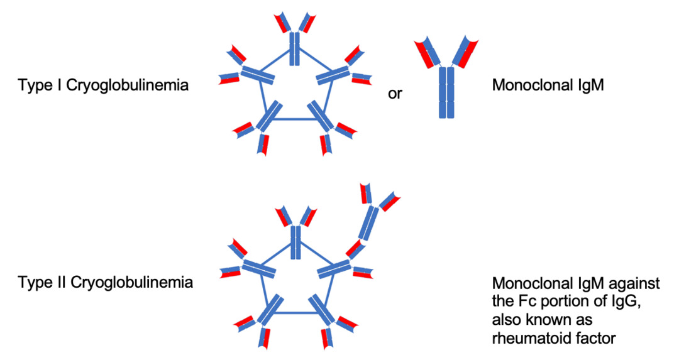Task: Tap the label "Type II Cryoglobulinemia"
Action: (x=106, y=282)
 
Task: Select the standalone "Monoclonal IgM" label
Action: (x=548, y=85)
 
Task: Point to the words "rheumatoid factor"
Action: (x=553, y=339)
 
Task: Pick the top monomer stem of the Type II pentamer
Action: (x=294, y=242)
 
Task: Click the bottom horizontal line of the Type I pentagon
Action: (x=294, y=119)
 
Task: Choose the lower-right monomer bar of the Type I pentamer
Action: (x=321, y=116)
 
